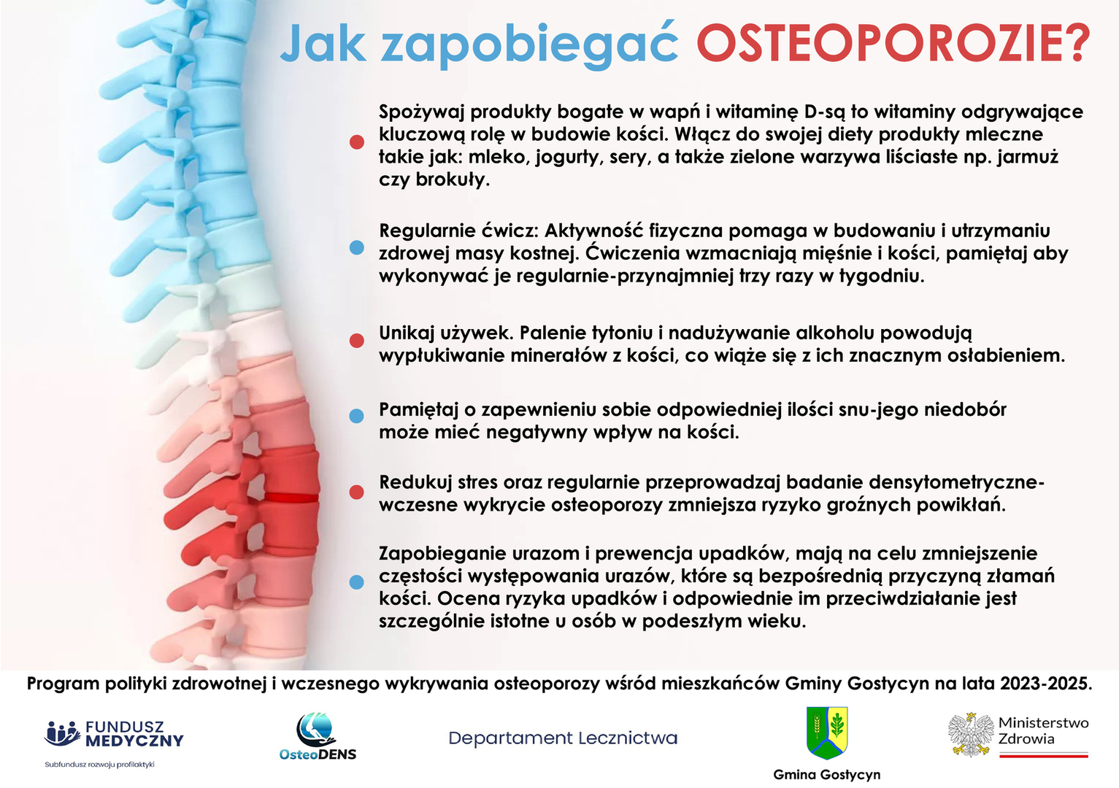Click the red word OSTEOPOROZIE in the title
pyautogui.click(x=893, y=43)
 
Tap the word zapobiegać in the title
pyautogui.click(x=529, y=45)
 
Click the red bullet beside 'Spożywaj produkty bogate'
pyautogui.click(x=357, y=142)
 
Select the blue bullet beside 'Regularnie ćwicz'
pyautogui.click(x=357, y=247)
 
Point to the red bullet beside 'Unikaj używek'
pyautogui.click(x=357, y=341)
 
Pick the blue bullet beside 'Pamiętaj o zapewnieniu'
pyautogui.click(x=357, y=416)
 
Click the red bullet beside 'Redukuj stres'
pyautogui.click(x=357, y=492)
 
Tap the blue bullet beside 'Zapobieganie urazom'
pyautogui.click(x=357, y=582)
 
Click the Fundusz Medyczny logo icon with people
pyautogui.click(x=62, y=733)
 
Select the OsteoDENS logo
pyautogui.click(x=318, y=737)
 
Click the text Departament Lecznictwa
pyautogui.click(x=563, y=738)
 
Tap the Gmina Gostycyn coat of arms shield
pyautogui.click(x=827, y=733)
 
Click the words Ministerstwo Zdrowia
pyautogui.click(x=1043, y=730)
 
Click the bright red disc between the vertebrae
pyautogui.click(x=291, y=497)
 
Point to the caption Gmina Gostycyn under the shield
pyautogui.click(x=827, y=775)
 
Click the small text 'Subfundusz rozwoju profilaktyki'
pyautogui.click(x=99, y=765)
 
